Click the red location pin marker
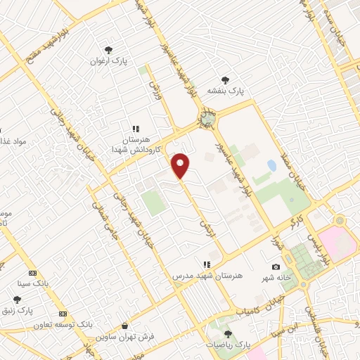point(181,165)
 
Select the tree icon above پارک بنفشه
point(225,79)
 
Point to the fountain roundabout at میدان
point(206,121)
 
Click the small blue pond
point(271,167)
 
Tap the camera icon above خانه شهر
point(276,266)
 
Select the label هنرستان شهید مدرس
point(207,276)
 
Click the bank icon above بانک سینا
point(32,273)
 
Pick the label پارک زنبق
point(36,309)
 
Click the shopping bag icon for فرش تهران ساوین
point(124,327)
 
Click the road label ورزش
point(155,89)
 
